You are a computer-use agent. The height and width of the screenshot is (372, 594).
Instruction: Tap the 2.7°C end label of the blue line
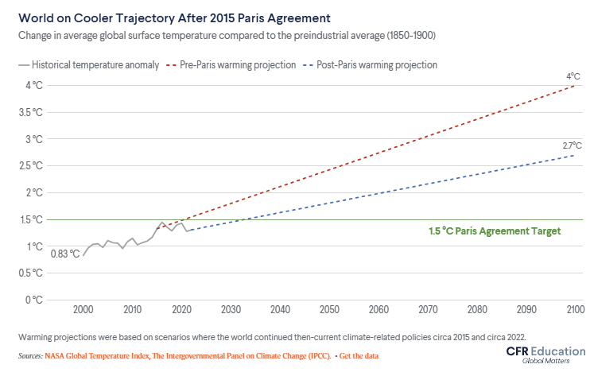pos(572,145)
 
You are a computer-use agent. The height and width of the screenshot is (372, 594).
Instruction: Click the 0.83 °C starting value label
pos(65,254)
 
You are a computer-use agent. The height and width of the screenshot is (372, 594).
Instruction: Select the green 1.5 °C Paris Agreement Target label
pos(495,231)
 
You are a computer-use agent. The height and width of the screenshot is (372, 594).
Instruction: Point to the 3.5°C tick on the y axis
pos(33,112)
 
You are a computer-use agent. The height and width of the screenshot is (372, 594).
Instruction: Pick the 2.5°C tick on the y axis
pos(33,165)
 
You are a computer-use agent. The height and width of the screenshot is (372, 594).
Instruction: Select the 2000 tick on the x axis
pos(83,310)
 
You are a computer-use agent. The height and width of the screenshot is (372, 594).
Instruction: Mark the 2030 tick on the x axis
pos(231,310)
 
